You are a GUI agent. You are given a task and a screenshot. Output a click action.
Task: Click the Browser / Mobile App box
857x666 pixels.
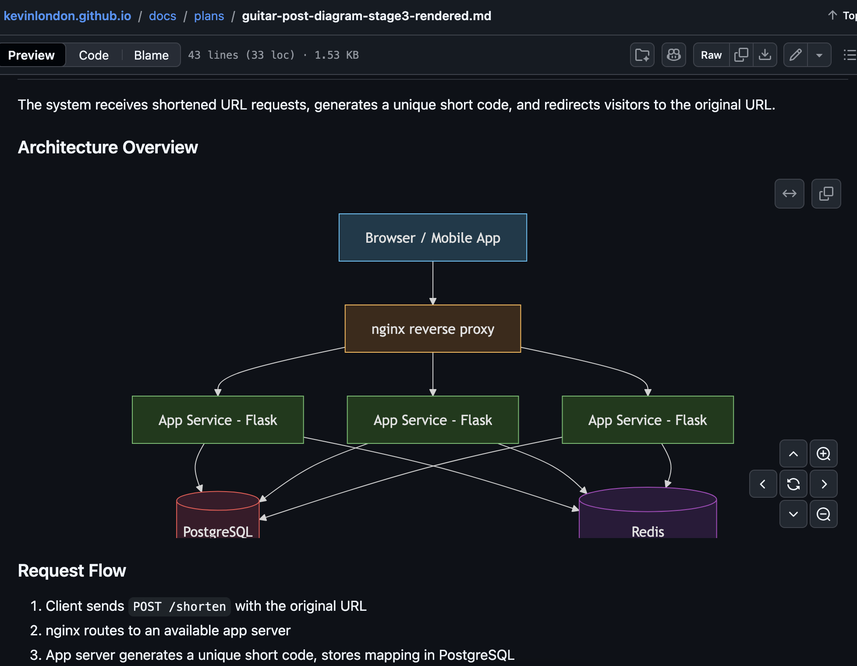point(432,237)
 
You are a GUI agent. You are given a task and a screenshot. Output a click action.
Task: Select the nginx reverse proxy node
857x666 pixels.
point(432,329)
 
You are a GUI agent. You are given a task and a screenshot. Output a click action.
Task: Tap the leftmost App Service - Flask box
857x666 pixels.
point(218,420)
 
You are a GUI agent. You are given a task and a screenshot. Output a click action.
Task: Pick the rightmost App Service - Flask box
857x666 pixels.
point(647,420)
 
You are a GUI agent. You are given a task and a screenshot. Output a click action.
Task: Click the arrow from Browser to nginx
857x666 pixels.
point(433,283)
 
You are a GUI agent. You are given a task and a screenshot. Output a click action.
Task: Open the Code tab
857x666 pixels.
point(94,55)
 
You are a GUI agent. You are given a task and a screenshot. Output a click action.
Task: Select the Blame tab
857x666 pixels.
point(151,55)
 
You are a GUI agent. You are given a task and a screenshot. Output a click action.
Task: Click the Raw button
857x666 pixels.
point(711,55)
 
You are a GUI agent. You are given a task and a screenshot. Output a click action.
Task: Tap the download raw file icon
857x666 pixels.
point(765,55)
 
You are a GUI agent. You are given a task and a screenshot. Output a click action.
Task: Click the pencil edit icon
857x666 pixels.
point(795,55)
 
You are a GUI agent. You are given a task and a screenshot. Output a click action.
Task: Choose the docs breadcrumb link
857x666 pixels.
point(163,16)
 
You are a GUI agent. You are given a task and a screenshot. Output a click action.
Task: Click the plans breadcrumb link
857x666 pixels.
point(209,16)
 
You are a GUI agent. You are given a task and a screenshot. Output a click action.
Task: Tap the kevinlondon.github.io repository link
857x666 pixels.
point(67,16)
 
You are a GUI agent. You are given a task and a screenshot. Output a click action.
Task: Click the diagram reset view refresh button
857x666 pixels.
point(793,484)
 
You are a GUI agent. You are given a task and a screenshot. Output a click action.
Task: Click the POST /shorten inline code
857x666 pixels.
point(179,606)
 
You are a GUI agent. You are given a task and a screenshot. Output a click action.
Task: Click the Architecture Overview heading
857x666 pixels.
point(108,148)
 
